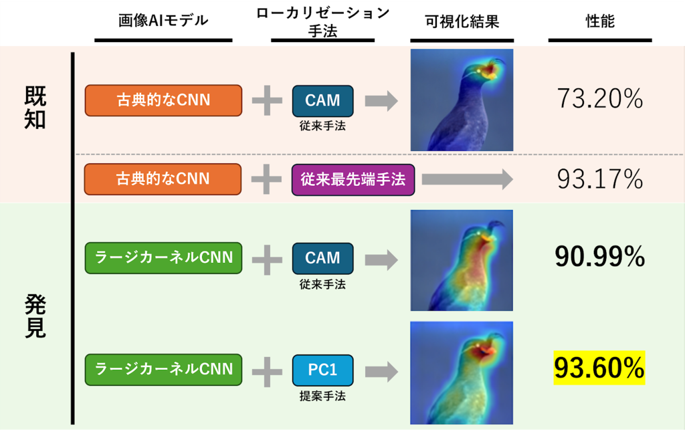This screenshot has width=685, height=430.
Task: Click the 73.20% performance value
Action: (599, 100)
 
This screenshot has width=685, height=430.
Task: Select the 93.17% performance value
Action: (599, 179)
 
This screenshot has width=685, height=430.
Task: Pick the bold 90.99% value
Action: (599, 257)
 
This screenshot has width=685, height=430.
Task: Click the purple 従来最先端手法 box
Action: (353, 179)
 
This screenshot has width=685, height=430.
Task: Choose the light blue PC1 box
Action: (322, 368)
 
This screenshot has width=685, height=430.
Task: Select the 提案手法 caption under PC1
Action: (322, 394)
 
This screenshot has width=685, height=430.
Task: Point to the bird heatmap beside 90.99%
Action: (462, 260)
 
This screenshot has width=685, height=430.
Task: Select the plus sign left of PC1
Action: (266, 368)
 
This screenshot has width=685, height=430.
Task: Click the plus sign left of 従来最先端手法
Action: (266, 179)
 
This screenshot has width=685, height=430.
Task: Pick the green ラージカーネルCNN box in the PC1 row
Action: (163, 368)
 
